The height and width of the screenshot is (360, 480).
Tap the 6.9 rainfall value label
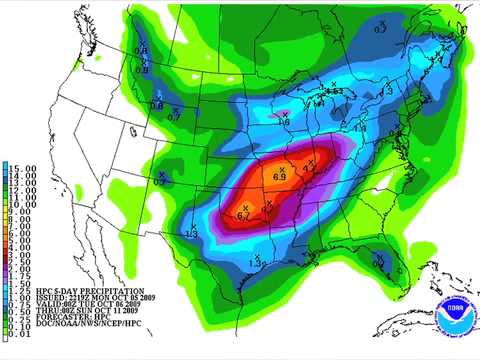(x=280, y=176)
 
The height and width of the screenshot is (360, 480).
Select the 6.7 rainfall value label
(x=243, y=215)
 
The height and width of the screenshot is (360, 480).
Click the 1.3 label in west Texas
(x=191, y=233)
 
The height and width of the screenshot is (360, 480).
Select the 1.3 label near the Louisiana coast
(x=255, y=263)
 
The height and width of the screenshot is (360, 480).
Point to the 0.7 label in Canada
(x=380, y=30)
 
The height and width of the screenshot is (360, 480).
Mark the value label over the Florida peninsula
(x=378, y=264)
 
